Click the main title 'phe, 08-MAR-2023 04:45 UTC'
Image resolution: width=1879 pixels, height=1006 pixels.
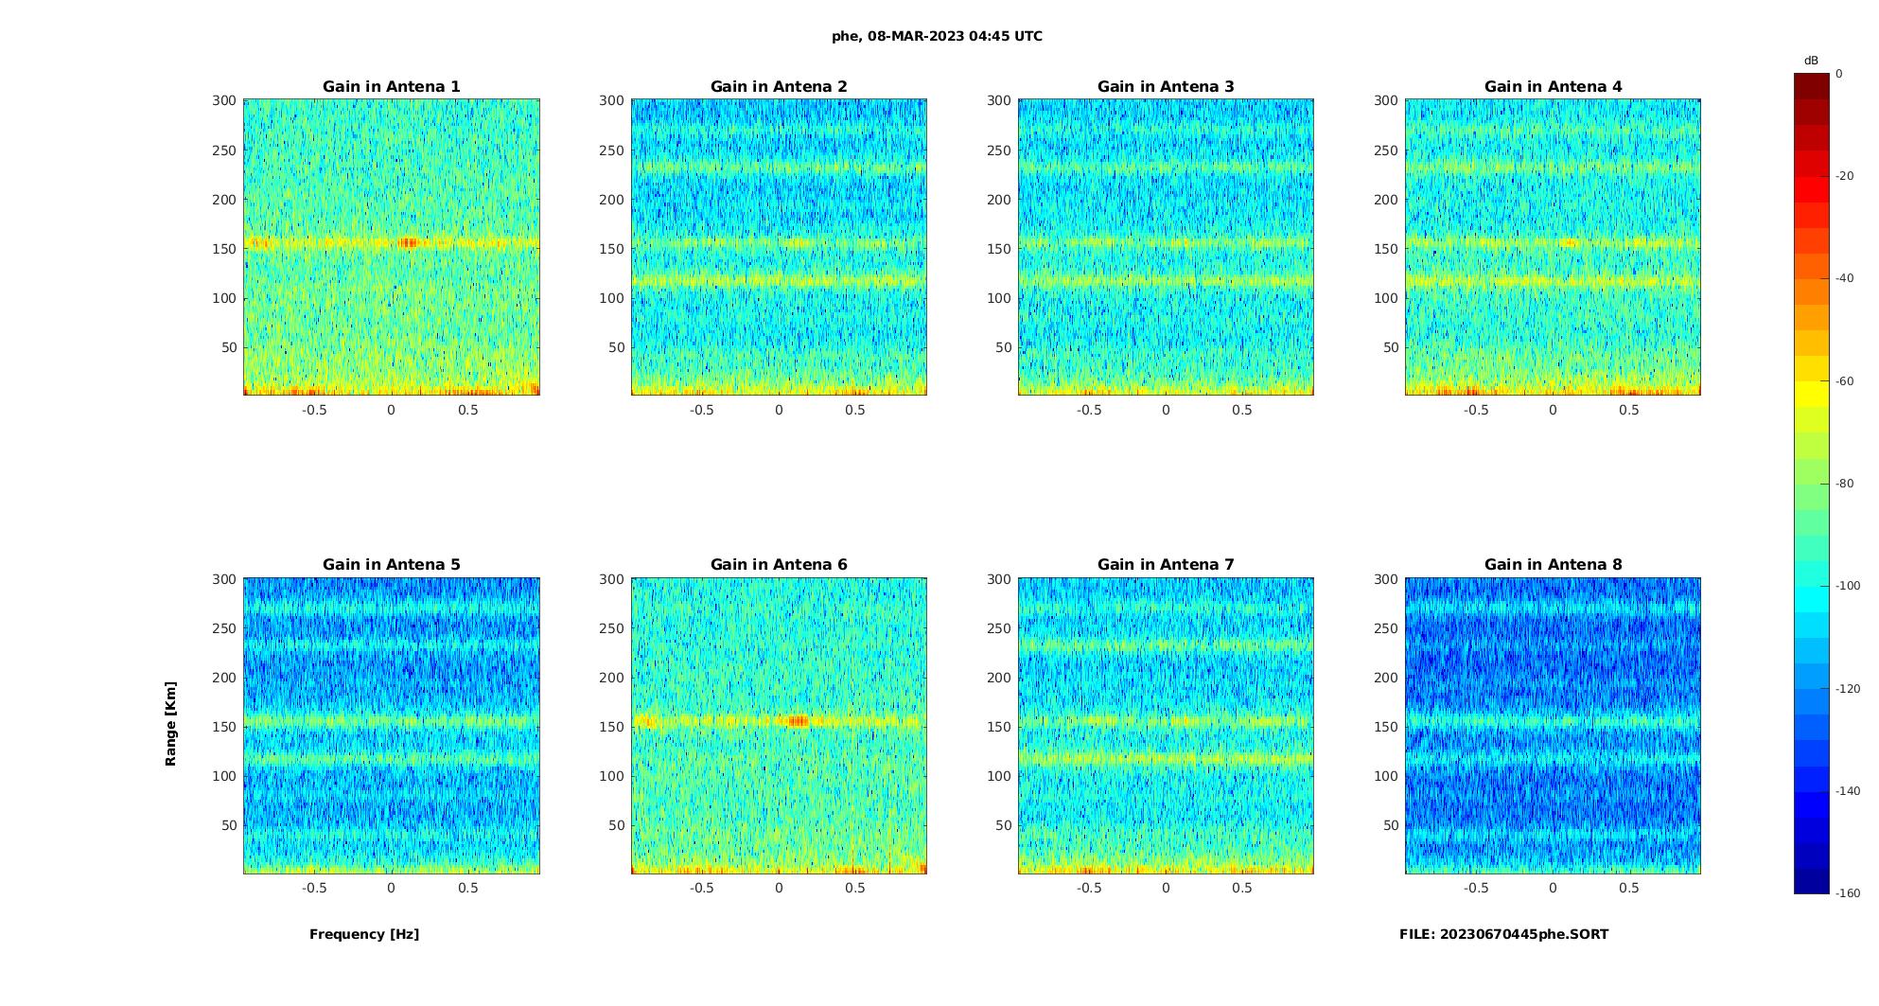(937, 36)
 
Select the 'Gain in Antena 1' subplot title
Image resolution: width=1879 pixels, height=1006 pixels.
(392, 86)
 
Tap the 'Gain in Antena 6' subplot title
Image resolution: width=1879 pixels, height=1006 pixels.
(779, 564)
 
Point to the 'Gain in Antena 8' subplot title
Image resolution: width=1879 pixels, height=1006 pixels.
(1553, 564)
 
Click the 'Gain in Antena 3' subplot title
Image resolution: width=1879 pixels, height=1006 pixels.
(1166, 86)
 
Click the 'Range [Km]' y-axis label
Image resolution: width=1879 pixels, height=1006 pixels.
(171, 724)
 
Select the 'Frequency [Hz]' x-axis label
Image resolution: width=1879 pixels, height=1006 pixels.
(364, 934)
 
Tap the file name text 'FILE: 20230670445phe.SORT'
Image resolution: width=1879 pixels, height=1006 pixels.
(1503, 934)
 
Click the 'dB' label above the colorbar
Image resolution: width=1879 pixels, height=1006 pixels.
(1811, 61)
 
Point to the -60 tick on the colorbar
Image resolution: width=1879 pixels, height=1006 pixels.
(1845, 381)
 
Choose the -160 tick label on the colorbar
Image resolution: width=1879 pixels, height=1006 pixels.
(1848, 893)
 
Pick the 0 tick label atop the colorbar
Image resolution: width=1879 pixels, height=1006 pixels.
(1839, 74)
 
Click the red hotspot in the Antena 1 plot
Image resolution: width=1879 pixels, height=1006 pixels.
(408, 243)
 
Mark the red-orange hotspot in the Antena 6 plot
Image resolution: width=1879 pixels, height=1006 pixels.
(799, 721)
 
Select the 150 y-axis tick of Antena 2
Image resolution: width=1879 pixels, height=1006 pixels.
(611, 249)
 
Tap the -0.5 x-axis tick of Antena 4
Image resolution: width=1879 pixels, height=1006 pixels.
(1476, 410)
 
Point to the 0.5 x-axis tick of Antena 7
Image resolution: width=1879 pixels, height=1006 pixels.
(1242, 888)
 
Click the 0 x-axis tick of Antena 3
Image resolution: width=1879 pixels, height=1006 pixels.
(1166, 410)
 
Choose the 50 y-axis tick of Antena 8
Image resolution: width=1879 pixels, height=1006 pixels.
(1390, 825)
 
